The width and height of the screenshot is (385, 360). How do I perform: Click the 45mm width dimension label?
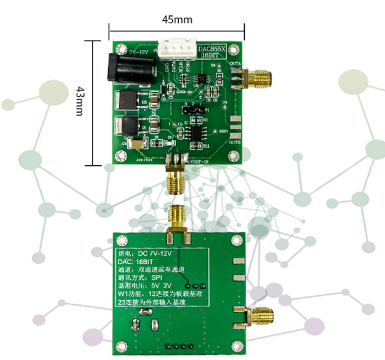click(x=177, y=20)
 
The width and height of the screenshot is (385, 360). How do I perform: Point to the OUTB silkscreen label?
click(x=234, y=142)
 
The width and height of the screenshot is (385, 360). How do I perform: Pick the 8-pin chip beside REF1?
click(x=193, y=132)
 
